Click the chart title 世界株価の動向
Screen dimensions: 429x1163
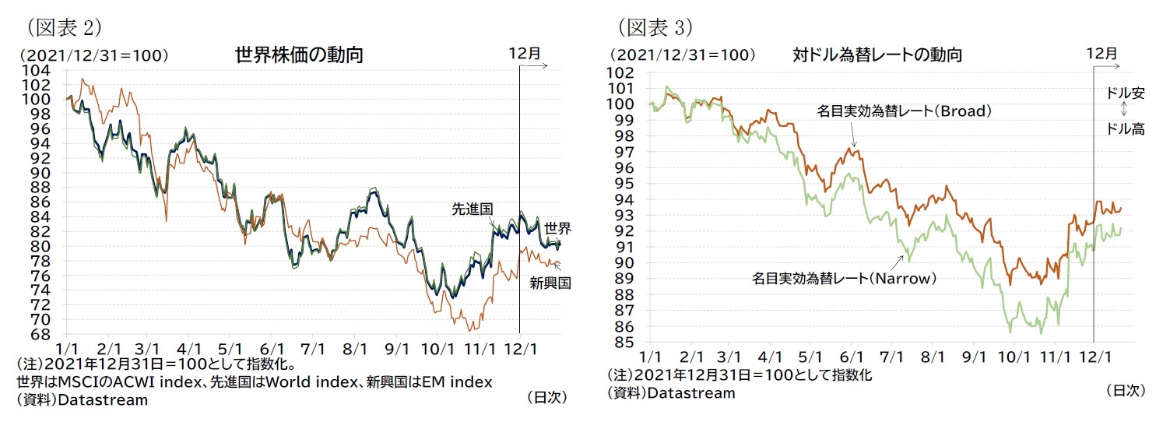point(299,55)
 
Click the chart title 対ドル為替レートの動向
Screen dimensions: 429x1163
point(877,55)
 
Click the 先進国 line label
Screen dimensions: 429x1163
point(473,209)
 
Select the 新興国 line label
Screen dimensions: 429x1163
point(550,283)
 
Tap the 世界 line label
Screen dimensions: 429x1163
point(557,229)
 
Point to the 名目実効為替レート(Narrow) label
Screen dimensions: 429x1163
point(842,277)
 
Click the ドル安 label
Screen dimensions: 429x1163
point(1125,93)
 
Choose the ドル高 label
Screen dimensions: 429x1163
point(1125,129)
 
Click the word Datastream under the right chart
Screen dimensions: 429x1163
point(690,393)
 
